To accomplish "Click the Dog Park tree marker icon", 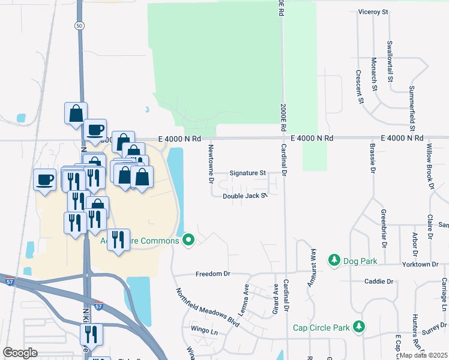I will (x=334, y=261).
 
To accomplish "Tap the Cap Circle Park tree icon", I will (x=359, y=327).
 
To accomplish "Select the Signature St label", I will (x=247, y=173).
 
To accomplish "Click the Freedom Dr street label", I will (x=213, y=274).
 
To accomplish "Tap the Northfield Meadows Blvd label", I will (x=208, y=308).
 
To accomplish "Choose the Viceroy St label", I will (x=373, y=11).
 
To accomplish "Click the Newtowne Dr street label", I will (x=211, y=163).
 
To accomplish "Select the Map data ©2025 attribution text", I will (x=423, y=355).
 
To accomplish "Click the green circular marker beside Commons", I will (x=189, y=241).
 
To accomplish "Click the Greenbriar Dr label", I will (x=383, y=229).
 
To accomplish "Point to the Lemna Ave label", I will (x=246, y=294).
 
